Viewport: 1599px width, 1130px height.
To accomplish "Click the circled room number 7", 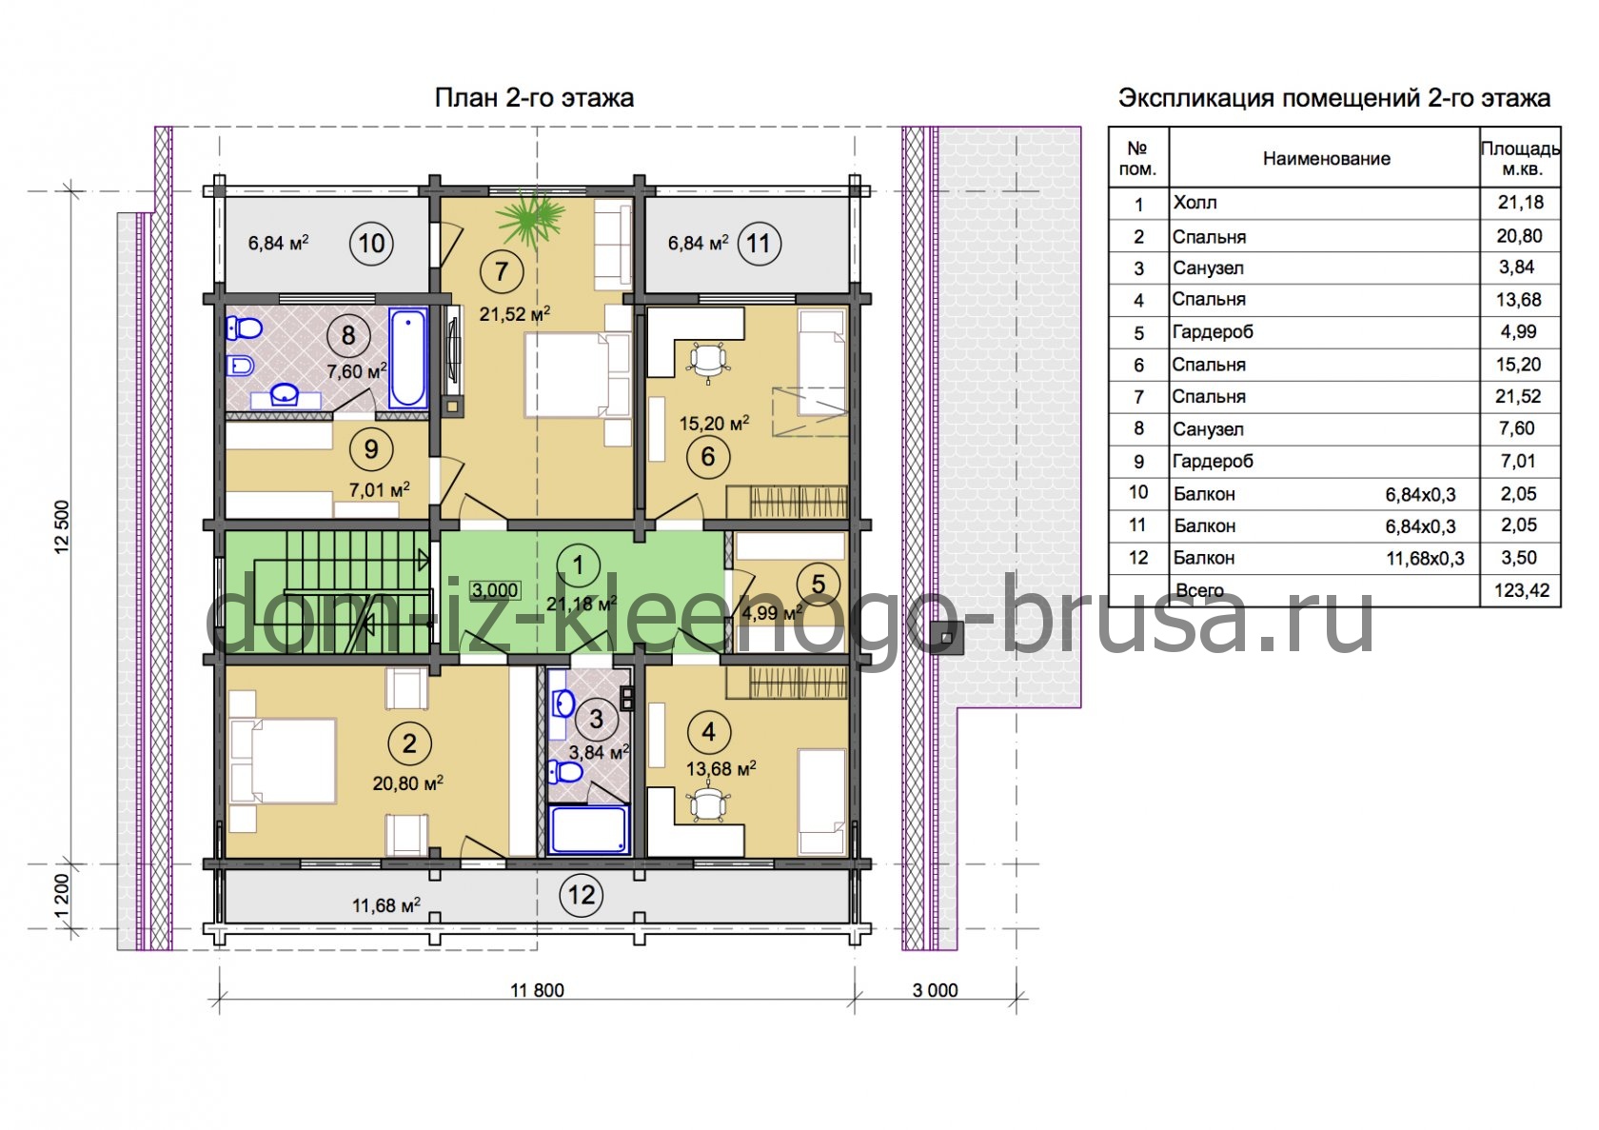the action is tap(501, 271).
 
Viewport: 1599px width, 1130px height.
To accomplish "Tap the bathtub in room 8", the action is tap(408, 358).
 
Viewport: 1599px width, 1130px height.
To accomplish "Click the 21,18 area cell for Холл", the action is tap(1521, 203).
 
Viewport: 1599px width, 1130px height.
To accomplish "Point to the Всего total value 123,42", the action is tap(1521, 590).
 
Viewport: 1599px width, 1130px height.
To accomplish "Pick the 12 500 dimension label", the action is tap(62, 526).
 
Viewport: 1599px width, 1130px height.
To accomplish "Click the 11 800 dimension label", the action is tap(537, 990).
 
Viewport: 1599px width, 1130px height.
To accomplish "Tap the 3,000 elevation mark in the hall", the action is tap(495, 590).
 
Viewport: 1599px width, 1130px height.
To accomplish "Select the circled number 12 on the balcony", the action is tap(581, 895).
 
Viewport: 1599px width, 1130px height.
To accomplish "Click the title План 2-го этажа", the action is tap(534, 98).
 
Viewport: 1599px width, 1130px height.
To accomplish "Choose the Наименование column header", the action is tap(1327, 158).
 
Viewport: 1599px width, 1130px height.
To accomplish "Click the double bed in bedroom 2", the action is tap(283, 761).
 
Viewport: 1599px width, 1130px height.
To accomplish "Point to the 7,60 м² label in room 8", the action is tap(357, 371).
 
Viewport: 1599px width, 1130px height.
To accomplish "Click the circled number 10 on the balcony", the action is tap(371, 244).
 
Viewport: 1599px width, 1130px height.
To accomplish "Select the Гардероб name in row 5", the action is tap(1213, 332).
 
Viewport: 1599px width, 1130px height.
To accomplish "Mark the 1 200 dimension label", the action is tap(62, 897).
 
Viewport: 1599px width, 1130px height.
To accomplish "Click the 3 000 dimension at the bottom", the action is tap(935, 990).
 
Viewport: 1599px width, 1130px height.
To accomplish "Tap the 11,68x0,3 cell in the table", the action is tap(1425, 559).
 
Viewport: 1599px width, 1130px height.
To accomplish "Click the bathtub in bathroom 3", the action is tap(590, 829).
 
